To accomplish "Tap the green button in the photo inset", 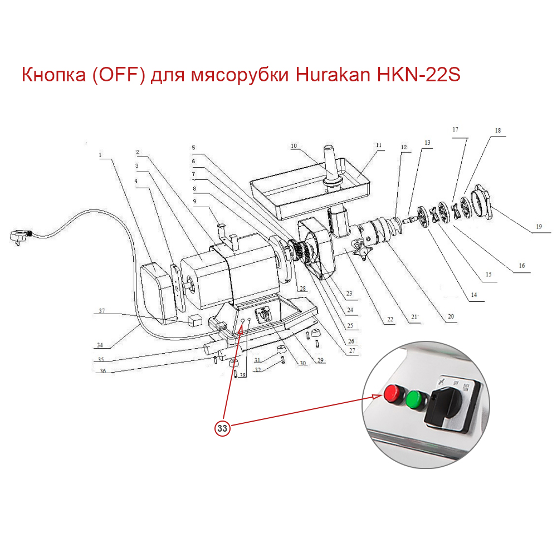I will (414, 399).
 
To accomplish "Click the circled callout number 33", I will (222, 428).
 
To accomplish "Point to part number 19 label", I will (539, 227).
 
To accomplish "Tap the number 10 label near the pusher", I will (294, 146).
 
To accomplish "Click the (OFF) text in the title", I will (120, 75).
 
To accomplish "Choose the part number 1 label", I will (101, 155).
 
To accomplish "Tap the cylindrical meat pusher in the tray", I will (329, 164).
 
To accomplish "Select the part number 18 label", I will (497, 130).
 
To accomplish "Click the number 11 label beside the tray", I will (379, 146).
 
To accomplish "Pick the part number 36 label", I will (101, 372).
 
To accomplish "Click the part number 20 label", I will (451, 317).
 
